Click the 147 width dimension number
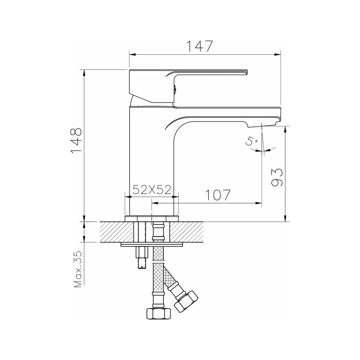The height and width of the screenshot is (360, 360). point(199,46)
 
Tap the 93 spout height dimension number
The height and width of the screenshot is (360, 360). point(277,177)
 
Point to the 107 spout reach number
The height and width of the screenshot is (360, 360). point(217,195)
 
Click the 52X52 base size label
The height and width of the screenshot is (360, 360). point(152,190)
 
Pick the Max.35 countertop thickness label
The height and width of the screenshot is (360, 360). point(78,269)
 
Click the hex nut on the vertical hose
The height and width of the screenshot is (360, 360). point(159,314)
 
